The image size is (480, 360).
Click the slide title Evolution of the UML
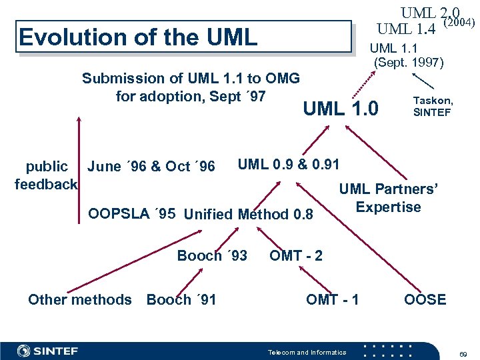click(x=138, y=37)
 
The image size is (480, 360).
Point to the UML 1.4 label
click(x=406, y=29)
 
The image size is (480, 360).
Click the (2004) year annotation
click(x=459, y=23)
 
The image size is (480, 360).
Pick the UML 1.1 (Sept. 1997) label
click(x=406, y=55)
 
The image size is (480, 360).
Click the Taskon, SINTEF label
click(x=433, y=107)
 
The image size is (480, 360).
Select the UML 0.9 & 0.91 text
click(x=289, y=164)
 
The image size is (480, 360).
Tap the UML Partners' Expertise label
click(x=389, y=198)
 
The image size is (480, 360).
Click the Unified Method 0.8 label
click(x=248, y=214)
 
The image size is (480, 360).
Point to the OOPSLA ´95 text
click(x=132, y=213)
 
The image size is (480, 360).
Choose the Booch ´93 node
click(x=212, y=255)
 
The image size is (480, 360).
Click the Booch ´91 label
click(x=181, y=299)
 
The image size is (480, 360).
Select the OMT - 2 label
click(x=296, y=255)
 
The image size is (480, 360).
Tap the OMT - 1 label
click(x=332, y=299)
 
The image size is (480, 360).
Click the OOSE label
click(x=425, y=299)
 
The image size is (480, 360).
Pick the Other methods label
click(x=80, y=299)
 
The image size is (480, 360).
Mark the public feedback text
click(x=46, y=175)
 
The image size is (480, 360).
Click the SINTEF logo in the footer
click(x=47, y=351)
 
